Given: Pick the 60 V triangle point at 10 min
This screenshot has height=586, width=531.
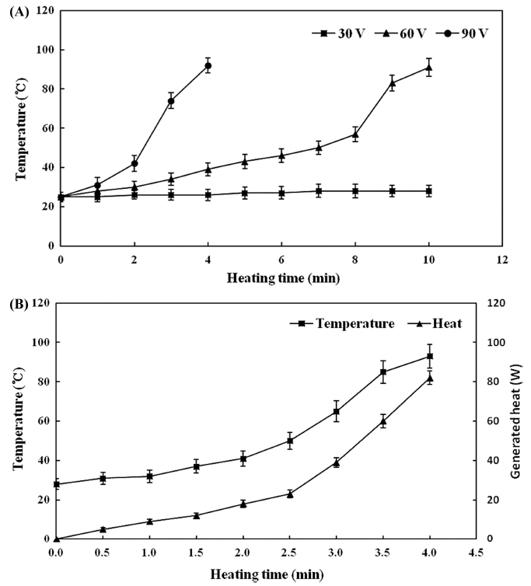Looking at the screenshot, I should (428, 68).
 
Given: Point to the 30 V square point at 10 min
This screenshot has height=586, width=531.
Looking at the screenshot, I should (428, 190).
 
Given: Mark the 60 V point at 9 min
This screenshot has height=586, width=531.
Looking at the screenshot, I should (392, 83).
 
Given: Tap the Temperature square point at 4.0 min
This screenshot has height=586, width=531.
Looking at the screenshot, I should (429, 357).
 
